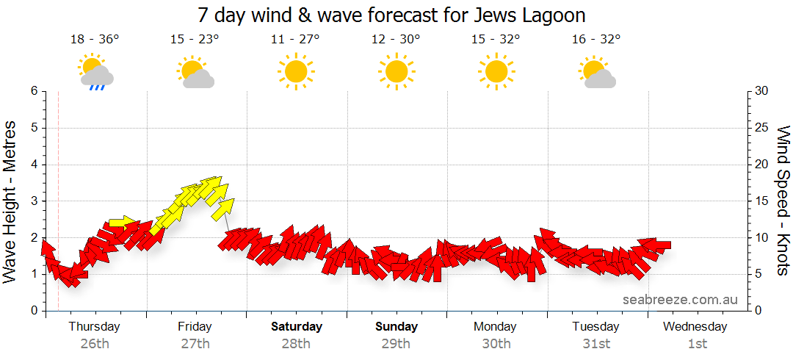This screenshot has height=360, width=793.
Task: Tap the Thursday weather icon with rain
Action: point(95,71)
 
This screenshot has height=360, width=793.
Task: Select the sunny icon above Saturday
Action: point(295,71)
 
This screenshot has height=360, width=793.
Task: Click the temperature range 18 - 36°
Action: point(95,40)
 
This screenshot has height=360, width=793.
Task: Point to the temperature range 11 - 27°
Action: point(295,40)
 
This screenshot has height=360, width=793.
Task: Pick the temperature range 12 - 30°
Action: point(396,40)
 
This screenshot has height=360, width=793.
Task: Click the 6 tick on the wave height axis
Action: point(33,91)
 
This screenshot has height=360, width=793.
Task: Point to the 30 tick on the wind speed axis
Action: point(762,91)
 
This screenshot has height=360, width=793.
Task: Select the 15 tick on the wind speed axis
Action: point(762,201)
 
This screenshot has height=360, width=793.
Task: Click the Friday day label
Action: point(195,326)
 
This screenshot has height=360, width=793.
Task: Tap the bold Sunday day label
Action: point(396,326)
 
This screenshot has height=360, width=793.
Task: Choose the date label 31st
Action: point(596,343)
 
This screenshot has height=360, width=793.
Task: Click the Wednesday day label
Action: point(695,326)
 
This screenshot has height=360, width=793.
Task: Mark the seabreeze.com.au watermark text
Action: point(680,300)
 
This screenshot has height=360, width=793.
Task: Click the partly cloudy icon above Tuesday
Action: point(597,71)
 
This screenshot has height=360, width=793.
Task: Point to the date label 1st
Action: point(697,343)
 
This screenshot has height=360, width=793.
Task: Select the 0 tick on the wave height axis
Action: point(33,311)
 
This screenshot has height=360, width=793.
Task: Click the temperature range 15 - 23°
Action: point(195,40)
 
